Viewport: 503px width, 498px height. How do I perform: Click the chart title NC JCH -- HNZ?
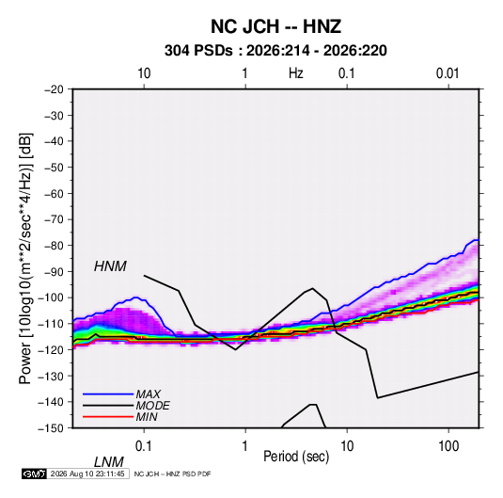pos(275,26)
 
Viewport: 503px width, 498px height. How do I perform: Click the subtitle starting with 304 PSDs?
pos(275,51)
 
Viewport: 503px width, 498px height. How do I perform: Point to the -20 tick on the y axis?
pos(54,89)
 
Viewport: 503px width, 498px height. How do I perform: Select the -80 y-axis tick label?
pos(54,246)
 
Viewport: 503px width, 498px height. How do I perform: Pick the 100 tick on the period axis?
pos(448,446)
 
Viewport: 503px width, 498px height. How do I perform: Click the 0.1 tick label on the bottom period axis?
pos(144,446)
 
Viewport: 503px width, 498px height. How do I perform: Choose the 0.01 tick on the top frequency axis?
pos(448,73)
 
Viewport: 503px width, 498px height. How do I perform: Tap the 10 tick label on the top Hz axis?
pos(144,73)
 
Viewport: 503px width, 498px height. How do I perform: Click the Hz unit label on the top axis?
pos(296,73)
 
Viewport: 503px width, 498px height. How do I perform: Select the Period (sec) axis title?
pos(296,457)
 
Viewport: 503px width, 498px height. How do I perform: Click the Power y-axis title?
pos(25,258)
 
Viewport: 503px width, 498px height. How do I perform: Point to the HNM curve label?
pos(110,266)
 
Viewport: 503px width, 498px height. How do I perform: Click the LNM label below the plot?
pos(108,462)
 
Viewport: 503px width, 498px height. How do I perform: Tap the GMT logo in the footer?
pos(35,474)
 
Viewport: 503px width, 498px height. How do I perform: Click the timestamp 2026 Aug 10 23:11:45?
pos(87,474)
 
